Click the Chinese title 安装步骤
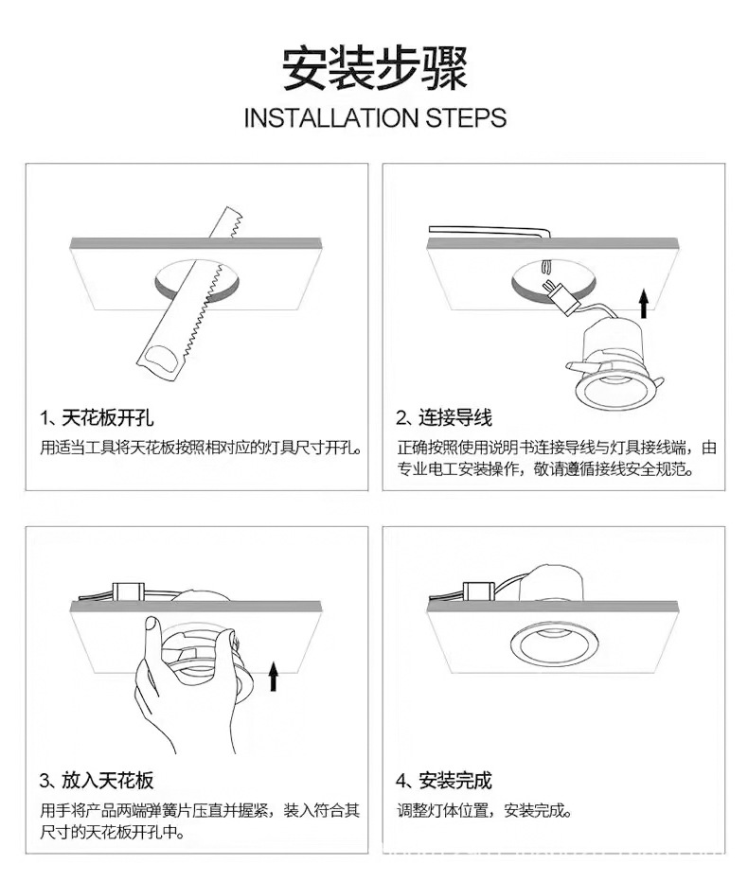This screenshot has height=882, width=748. click(x=374, y=69)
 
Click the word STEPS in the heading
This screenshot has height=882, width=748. click(x=466, y=118)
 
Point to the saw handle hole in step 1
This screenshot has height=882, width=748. click(x=163, y=359)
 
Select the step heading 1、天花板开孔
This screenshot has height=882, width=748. click(x=97, y=418)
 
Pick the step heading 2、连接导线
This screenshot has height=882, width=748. click(x=443, y=418)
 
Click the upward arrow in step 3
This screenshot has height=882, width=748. click(x=274, y=676)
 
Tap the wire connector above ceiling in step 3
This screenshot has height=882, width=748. click(x=127, y=591)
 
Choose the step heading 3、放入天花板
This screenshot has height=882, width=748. click(x=97, y=780)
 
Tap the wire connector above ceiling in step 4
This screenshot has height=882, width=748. click(x=479, y=591)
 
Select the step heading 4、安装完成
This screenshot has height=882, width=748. click(x=443, y=780)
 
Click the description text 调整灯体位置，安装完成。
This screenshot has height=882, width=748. click(x=485, y=811)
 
